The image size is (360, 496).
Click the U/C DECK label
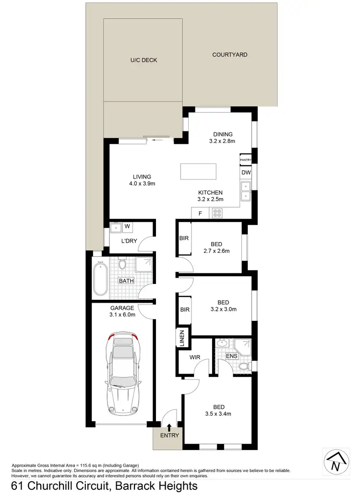(x=144, y=60)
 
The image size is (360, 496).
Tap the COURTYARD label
(x=230, y=55)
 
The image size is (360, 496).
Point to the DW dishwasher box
(x=246, y=172)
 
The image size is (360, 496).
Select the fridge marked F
(x=200, y=213)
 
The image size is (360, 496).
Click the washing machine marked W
(x=128, y=226)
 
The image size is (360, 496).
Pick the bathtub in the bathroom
(x=101, y=278)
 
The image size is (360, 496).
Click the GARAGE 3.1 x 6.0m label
(x=122, y=311)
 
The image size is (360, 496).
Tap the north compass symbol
(x=335, y=463)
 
